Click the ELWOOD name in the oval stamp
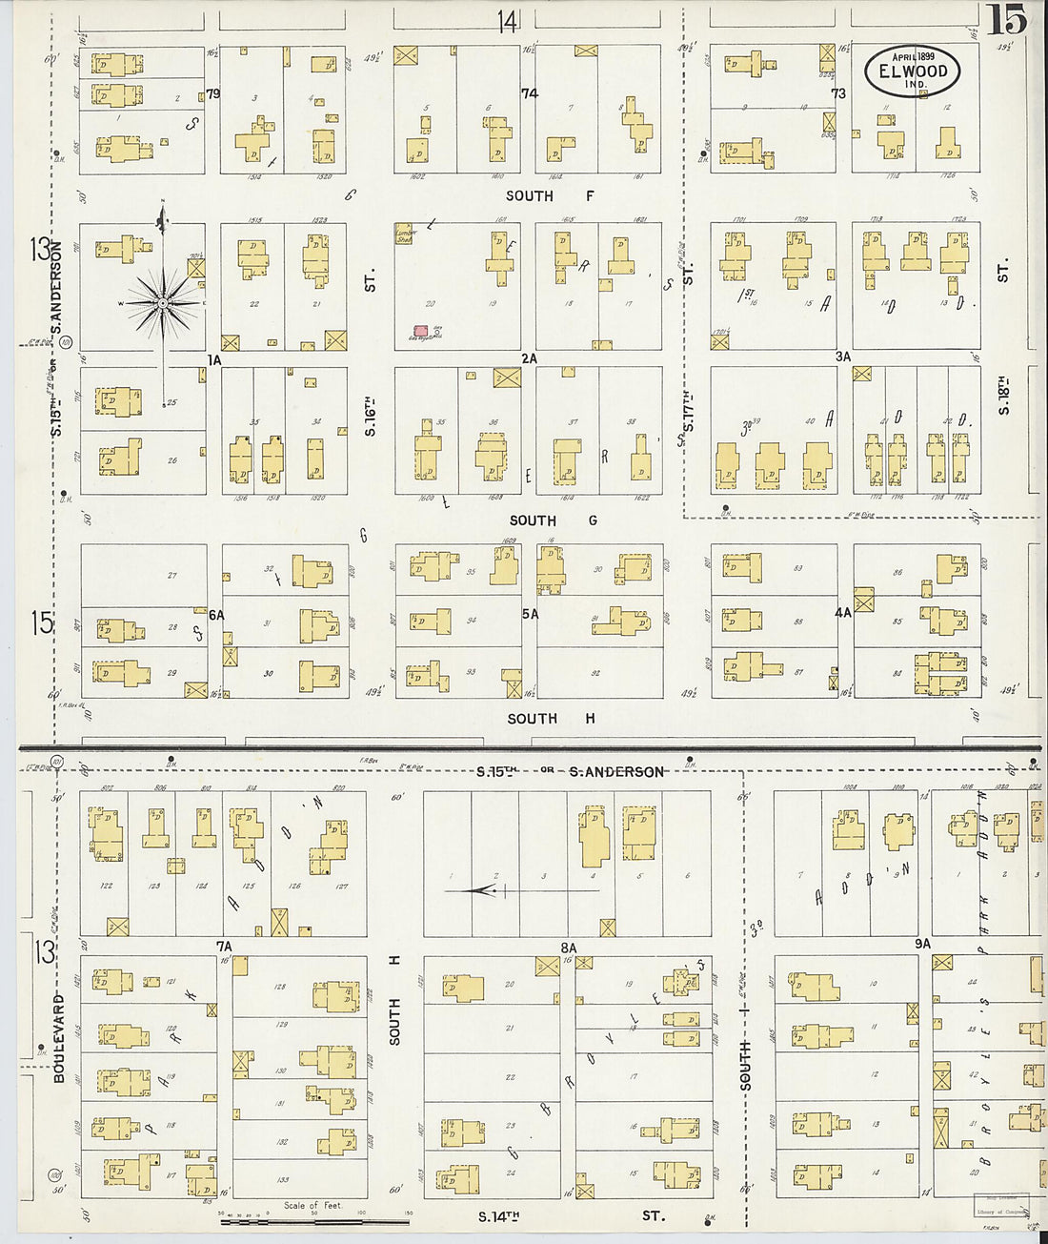point(913,71)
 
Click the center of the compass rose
point(164,303)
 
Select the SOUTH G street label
point(553,520)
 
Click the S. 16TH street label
point(371,416)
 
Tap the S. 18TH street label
point(1002,395)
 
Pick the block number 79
point(212,93)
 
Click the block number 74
point(530,93)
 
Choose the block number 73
point(838,93)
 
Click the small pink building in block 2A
point(420,330)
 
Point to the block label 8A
point(569,948)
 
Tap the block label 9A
point(921,944)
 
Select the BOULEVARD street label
point(59,1039)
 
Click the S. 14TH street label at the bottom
point(500,1216)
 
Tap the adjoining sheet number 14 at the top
point(507,19)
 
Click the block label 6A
point(216,615)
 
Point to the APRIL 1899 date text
point(913,56)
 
